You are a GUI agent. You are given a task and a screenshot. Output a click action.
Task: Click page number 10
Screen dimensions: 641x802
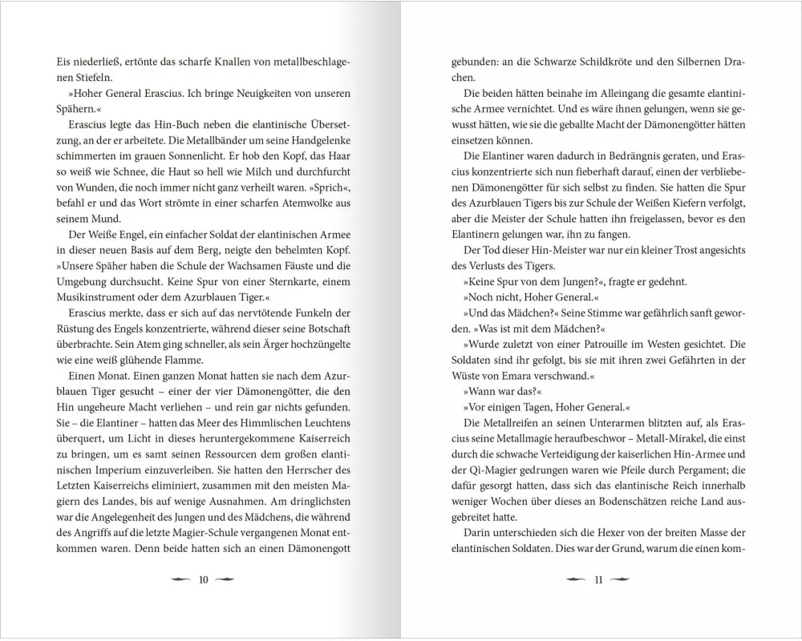point(203,580)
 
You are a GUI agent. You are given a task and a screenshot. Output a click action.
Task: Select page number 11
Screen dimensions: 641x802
point(597,580)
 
